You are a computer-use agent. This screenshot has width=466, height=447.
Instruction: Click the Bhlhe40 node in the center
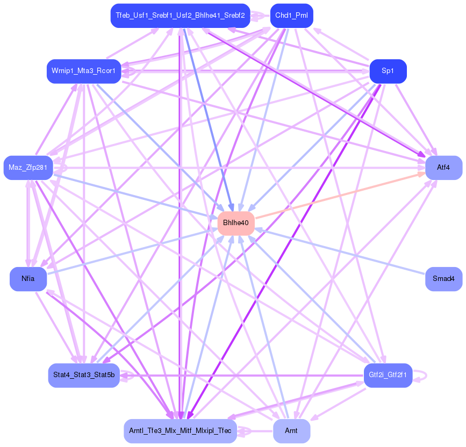click(236, 223)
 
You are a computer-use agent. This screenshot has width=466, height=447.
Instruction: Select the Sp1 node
click(388, 71)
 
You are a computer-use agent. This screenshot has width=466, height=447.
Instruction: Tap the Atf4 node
click(443, 168)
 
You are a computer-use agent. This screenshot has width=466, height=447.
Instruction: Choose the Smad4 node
click(443, 279)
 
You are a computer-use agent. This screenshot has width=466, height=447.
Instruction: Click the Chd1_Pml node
click(291, 16)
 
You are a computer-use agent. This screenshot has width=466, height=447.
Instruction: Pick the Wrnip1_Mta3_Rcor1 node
click(83, 71)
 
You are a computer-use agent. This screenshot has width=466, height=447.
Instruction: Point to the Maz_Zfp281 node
click(28, 168)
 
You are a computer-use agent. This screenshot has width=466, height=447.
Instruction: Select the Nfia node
click(28, 279)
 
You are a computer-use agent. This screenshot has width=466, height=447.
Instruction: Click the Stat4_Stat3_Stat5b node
click(83, 375)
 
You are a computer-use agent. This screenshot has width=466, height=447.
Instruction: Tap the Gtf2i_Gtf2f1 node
click(388, 375)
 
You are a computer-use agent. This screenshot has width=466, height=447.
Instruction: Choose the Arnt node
click(291, 431)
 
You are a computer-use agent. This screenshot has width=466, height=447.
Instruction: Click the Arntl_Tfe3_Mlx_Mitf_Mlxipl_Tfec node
click(180, 431)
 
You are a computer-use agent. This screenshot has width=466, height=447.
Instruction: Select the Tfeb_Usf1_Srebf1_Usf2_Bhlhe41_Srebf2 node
click(180, 16)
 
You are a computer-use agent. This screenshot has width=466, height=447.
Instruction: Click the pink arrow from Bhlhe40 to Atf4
click(339, 194)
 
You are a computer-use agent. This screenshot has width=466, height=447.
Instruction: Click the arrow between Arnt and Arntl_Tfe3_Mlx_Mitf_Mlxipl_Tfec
click(255, 431)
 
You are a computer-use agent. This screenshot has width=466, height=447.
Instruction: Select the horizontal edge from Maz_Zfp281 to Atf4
click(242, 168)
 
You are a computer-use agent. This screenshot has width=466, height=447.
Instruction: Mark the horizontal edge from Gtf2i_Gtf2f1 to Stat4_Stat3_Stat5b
click(242, 375)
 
